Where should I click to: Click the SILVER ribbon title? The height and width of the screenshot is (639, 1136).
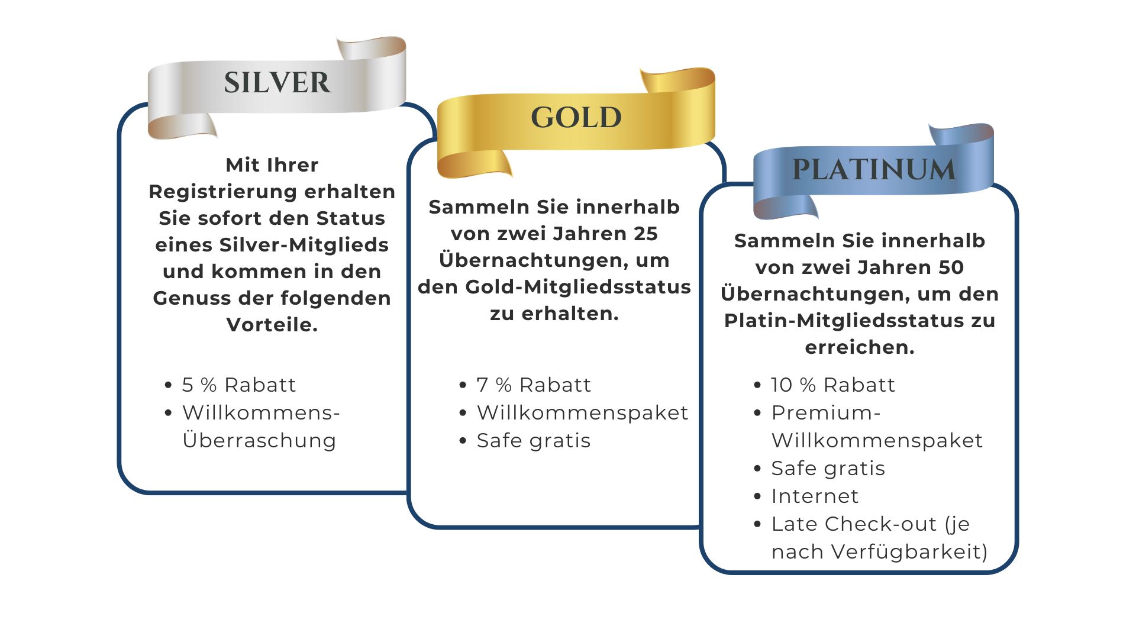pos(277,82)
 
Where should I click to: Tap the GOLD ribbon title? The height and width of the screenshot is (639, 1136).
pos(576,117)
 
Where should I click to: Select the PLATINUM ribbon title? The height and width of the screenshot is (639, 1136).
pos(874,170)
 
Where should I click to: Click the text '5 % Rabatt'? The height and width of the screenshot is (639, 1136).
pos(238,385)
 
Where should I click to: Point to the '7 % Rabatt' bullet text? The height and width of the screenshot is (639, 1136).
pos(534,385)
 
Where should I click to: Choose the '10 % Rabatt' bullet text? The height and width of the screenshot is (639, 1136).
pos(833,385)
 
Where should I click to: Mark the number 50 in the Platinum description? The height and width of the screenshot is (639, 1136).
pos(951,267)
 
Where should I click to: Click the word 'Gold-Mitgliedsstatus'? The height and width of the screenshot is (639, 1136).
pos(578,287)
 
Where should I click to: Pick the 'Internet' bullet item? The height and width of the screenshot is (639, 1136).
pos(815,496)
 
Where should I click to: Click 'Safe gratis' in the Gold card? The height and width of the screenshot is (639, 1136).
pos(534,441)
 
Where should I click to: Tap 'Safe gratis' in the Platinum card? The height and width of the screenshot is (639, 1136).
pos(828,469)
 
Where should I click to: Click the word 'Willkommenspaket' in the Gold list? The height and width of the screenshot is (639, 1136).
pos(583,413)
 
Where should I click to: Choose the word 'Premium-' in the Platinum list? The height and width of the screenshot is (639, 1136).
pos(826,412)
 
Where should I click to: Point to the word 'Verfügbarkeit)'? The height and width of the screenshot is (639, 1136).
pos(910,551)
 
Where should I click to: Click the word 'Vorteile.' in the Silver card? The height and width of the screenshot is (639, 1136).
pos(272,325)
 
